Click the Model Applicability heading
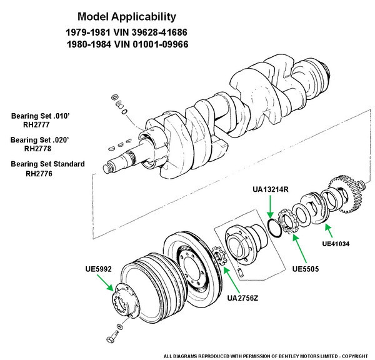[127, 17]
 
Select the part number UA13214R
[271, 189]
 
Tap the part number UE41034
[336, 244]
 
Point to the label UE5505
[306, 269]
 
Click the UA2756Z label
[242, 298]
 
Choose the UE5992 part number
[99, 269]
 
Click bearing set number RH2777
[36, 124]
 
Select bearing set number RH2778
[37, 149]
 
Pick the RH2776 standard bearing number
[39, 173]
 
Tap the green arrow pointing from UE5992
[105, 283]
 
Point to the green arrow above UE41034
[329, 230]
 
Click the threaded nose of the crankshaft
[109, 167]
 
